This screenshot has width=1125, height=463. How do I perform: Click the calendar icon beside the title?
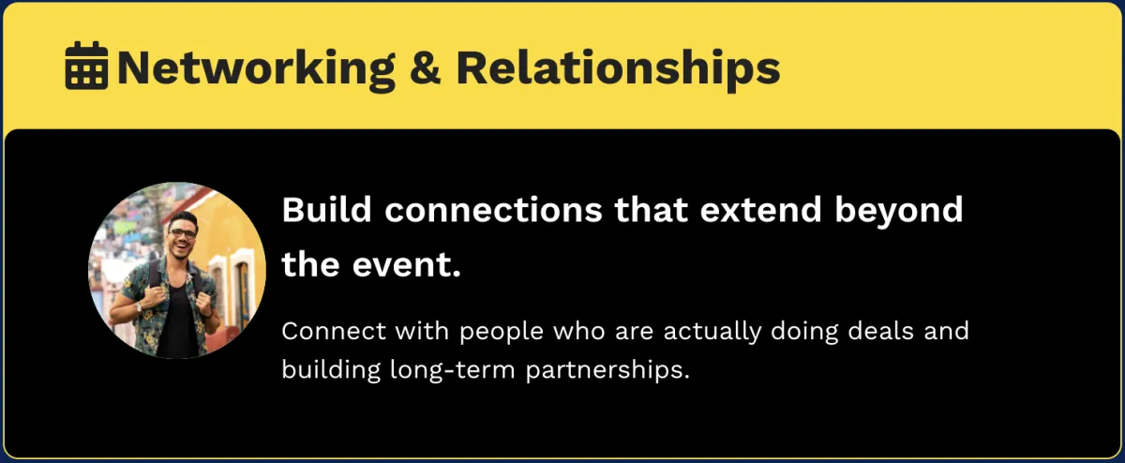86,66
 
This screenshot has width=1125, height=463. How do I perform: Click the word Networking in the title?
256,68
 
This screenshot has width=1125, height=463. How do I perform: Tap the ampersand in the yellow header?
425,67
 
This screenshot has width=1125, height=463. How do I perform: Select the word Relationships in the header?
618,68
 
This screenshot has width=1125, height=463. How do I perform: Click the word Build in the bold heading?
326,209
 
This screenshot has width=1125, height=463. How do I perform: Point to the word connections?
493,210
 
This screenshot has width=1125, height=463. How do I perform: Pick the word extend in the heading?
761,209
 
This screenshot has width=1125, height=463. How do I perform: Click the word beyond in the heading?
899,212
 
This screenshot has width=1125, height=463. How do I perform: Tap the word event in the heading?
406,265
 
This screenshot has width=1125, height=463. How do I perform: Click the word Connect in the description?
334,331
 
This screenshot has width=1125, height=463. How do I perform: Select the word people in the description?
502,333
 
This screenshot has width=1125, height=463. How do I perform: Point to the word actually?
712,333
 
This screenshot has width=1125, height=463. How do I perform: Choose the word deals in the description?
880,331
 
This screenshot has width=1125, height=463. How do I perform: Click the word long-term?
453,371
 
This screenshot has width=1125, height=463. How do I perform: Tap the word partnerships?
607,371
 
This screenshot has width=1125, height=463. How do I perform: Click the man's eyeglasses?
182,233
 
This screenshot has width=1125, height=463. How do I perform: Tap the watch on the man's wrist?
139,306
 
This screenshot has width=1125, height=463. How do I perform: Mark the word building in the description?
331,371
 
